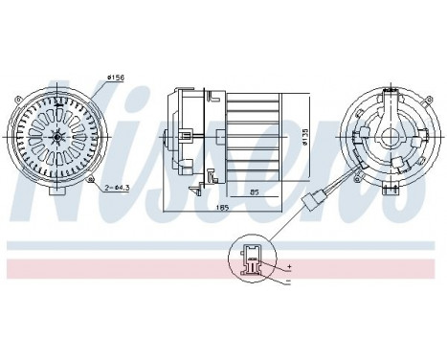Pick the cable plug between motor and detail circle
coord(309,202)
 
